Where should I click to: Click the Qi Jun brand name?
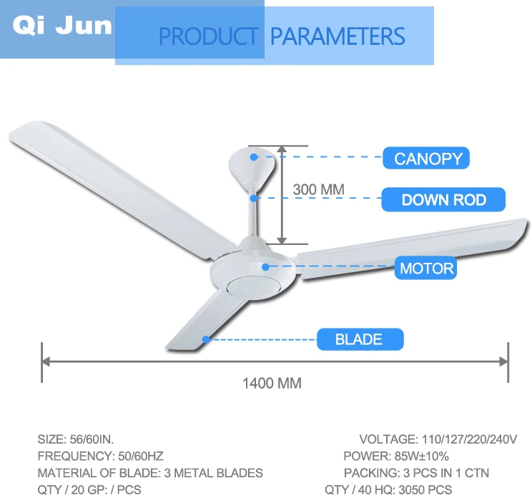(63, 26)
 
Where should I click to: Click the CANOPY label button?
(426, 158)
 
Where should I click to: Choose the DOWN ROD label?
(443, 200)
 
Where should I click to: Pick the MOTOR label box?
(426, 269)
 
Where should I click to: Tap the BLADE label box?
(359, 339)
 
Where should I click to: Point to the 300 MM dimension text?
(318, 190)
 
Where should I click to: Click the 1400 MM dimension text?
(272, 384)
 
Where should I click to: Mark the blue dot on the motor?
(265, 267)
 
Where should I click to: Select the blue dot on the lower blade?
(206, 339)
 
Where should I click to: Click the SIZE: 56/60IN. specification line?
(75, 439)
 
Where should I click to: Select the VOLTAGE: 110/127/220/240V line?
(438, 439)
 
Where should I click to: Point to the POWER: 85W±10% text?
(396, 456)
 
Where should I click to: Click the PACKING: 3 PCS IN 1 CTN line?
(416, 473)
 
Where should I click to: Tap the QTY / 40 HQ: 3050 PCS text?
(388, 489)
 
